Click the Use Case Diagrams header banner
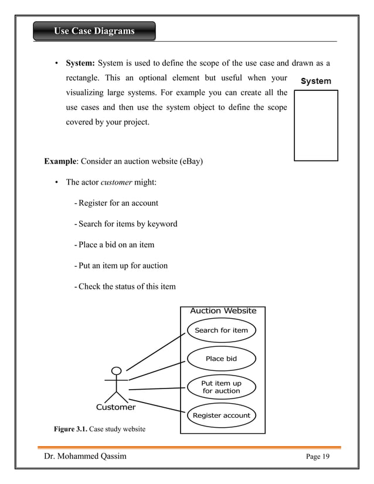pos(94,31)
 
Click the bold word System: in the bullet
pos(80,63)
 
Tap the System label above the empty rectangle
pos(315,81)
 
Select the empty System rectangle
pos(316,125)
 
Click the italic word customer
pos(116,182)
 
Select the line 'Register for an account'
pos(116,203)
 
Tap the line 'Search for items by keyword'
pos(125,224)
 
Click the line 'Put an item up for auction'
pos(121,265)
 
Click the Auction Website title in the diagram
pos(223,311)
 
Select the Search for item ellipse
pos(222,330)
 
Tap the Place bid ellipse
pos(222,359)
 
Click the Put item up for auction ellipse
pos(222,387)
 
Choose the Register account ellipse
pos(222,415)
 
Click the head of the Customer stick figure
pos(117,371)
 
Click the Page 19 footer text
pos(318,457)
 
